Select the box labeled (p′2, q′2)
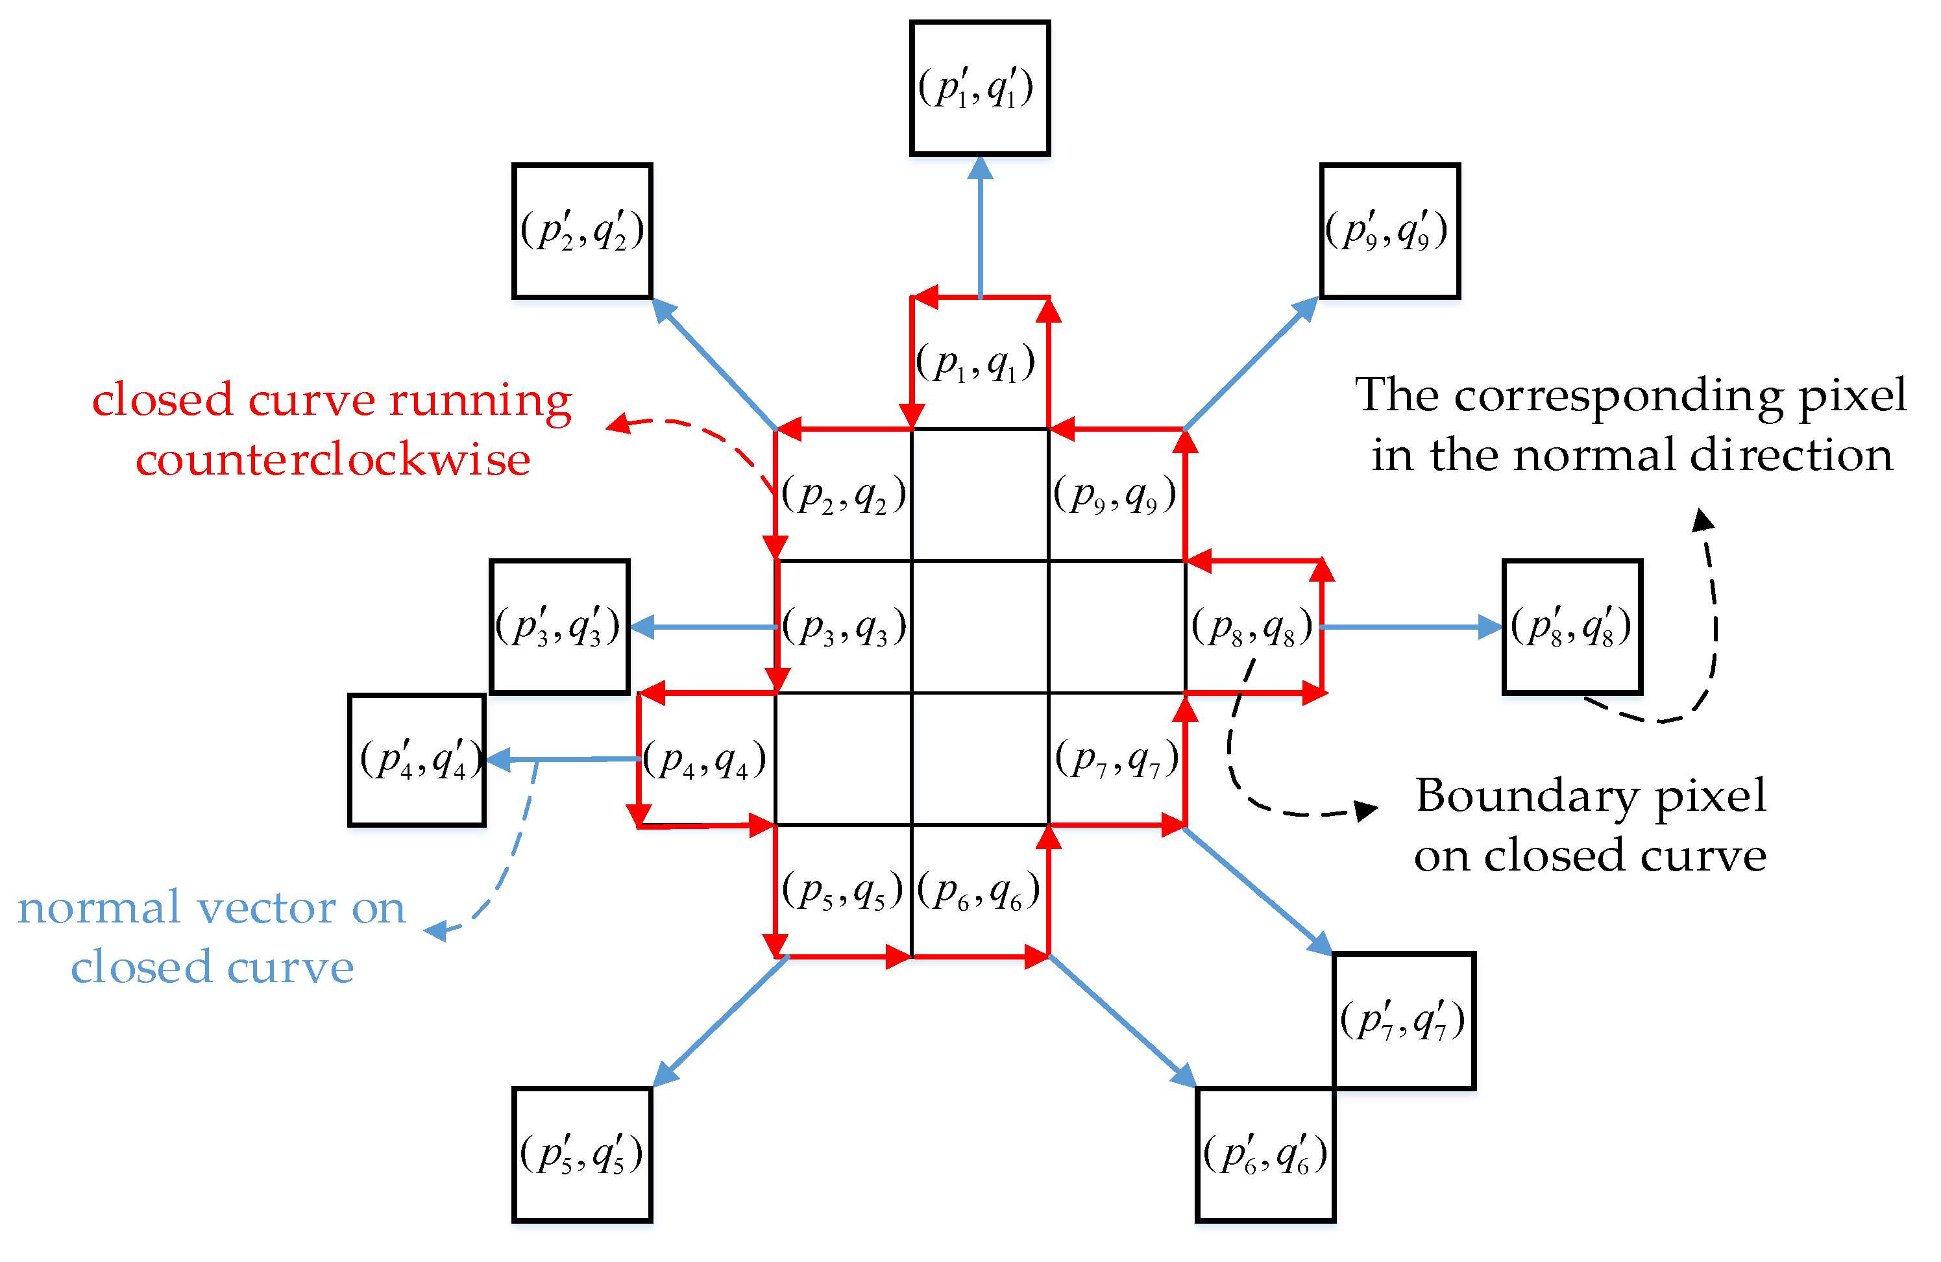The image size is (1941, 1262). coord(582,231)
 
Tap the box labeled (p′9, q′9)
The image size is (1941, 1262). coord(1389,231)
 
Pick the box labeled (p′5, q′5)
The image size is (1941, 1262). coord(582,1154)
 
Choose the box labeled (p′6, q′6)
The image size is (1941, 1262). coord(1265,1154)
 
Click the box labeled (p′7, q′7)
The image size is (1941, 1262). coord(1404,1021)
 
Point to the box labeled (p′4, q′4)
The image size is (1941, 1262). coord(417,760)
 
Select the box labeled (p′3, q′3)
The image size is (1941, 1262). coord(559,626)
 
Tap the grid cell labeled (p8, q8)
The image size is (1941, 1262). coord(1252,626)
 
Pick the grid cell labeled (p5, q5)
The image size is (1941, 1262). coord(843,891)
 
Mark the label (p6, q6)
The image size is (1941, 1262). coord(979,891)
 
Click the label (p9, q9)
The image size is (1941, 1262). coord(1115,495)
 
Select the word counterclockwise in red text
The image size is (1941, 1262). coord(333,459)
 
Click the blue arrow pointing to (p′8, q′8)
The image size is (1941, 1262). coord(1411,626)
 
